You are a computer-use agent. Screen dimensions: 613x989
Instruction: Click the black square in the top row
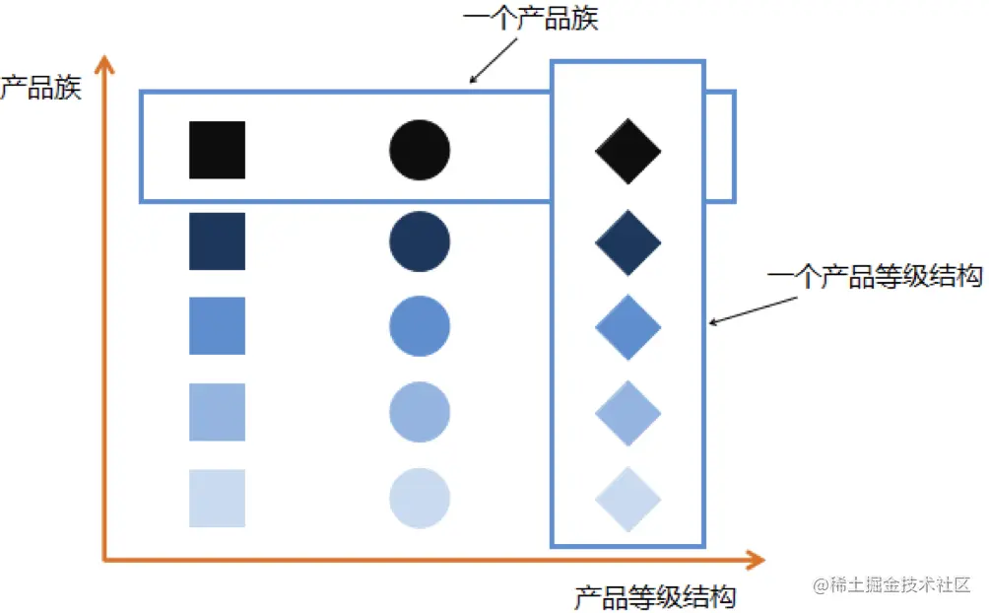[217, 150]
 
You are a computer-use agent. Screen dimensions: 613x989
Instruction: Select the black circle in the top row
[420, 150]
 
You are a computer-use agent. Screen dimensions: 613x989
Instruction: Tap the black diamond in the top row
[628, 151]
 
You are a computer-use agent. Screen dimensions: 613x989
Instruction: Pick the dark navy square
[217, 240]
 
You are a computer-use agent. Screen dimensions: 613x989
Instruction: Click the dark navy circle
[420, 240]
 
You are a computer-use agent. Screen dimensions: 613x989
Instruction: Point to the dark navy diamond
[628, 241]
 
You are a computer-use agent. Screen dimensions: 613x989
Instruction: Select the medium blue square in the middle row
[217, 325]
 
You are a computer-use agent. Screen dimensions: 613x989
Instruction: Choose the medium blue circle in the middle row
[420, 325]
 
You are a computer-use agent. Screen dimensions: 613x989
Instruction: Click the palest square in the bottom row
[217, 498]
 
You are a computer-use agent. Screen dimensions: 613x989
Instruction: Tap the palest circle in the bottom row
[420, 498]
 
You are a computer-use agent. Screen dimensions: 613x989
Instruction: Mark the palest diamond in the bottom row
[628, 499]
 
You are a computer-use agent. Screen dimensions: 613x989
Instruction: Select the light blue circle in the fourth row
[420, 411]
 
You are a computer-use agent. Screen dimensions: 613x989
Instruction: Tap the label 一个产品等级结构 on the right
[875, 277]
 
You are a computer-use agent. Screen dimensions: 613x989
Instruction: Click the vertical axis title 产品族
[40, 88]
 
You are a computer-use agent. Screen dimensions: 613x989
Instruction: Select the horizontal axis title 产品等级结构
[655, 597]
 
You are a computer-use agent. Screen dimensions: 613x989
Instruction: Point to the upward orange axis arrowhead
[104, 67]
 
